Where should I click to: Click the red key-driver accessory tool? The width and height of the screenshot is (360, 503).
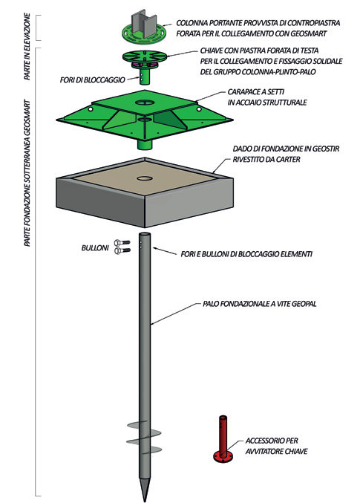coord(223,439)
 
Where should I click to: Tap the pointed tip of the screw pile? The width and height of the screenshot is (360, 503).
coord(145,501)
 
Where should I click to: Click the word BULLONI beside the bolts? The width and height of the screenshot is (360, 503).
coord(95,248)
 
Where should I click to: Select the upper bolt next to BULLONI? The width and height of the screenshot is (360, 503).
coord(122,242)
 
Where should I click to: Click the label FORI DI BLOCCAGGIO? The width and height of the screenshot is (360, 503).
coord(92,79)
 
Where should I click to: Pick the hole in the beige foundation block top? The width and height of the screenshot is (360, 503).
coord(145,178)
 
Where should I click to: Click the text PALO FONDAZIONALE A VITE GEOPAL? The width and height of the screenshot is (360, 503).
coord(259,303)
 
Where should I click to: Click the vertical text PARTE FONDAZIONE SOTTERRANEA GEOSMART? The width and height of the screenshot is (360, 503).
coord(27,174)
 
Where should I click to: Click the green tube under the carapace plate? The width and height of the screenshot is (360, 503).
coord(145,143)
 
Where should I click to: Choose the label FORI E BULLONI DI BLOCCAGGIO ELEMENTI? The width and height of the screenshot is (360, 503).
coord(246,254)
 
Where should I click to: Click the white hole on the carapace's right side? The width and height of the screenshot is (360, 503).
coord(199,109)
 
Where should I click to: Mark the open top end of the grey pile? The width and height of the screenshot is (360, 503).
coord(145,234)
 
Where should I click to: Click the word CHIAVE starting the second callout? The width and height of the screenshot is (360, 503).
coord(211,51)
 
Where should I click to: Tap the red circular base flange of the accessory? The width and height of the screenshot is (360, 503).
coord(223,456)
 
